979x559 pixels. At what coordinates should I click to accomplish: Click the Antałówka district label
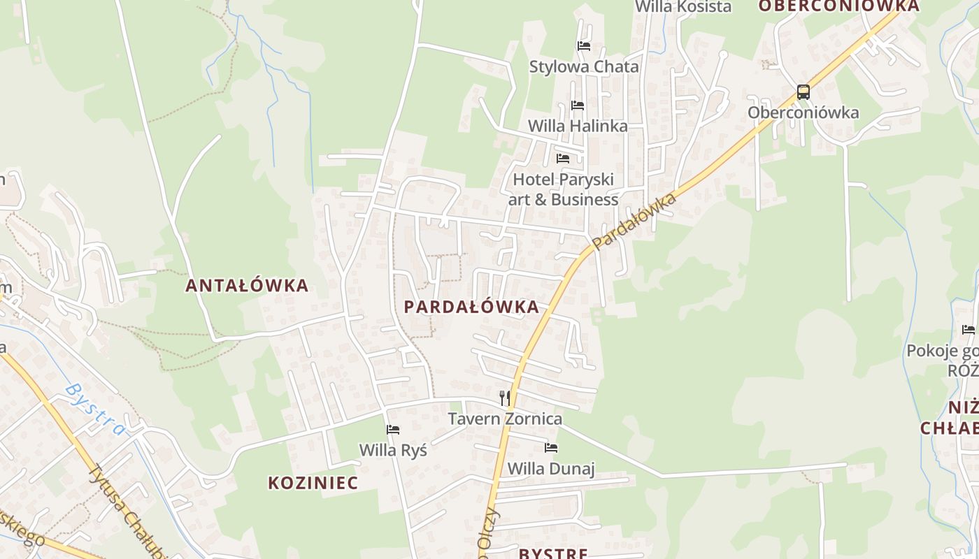pos(247,286)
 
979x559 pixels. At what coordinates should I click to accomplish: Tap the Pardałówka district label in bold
pos(471,307)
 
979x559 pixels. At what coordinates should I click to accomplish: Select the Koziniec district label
pos(313,483)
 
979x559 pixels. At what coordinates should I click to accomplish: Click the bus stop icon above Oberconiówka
pos(803,92)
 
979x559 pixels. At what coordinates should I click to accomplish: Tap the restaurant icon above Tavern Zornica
pos(505,398)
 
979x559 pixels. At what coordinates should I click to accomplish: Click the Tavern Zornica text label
pos(505,419)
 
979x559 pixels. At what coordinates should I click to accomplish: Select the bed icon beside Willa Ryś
pos(393,429)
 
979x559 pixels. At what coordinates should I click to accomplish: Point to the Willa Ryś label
pos(393,450)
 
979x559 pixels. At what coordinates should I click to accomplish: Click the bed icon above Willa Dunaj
pos(551,447)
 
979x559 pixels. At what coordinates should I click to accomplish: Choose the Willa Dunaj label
pos(551,468)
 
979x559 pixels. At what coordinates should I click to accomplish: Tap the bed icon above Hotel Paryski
pos(563,158)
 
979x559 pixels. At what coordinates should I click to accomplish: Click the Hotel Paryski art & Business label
pos(563,189)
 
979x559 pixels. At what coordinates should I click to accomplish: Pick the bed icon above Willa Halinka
pos(578,105)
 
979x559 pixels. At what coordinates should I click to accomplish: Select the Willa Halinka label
pos(578,126)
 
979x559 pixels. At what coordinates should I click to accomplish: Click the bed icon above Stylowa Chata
pos(584,46)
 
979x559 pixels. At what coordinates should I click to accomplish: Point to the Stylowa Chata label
pos(584,67)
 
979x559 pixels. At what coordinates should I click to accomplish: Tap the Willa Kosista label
pos(683,7)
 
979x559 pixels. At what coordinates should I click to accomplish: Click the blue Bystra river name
pos(97,409)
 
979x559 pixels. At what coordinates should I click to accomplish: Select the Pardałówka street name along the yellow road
pos(634,222)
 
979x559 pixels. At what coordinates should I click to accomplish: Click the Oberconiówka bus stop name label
pos(803,112)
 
